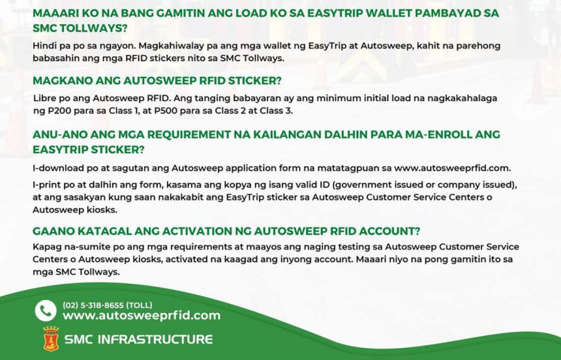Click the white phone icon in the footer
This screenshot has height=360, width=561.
(46, 310)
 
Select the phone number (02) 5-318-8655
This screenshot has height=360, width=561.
(95, 305)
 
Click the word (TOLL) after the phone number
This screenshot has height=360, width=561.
(140, 305)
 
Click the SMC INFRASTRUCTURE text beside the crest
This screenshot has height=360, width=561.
(138, 339)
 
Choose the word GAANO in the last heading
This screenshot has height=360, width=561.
(53, 231)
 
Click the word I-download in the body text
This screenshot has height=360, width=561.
(56, 168)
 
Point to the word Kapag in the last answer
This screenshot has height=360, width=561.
(45, 247)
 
